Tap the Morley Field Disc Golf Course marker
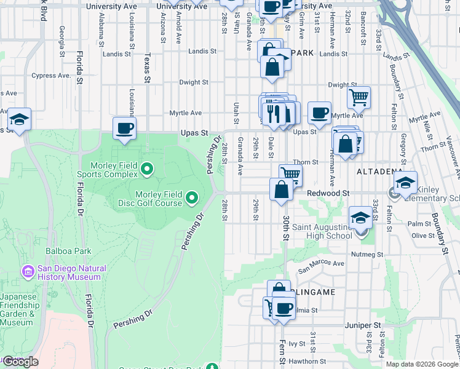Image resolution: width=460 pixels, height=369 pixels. [192, 197]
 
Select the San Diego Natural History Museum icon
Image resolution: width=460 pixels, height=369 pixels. [28, 271]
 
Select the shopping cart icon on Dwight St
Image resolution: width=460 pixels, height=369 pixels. [359, 97]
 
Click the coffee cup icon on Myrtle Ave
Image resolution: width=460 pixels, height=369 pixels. [319, 113]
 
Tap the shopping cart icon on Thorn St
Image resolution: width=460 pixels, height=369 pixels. [290, 175]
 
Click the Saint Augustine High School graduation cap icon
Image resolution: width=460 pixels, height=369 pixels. [360, 217]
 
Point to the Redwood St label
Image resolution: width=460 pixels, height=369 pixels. [328, 193]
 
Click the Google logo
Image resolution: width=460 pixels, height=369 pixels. [20, 362]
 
